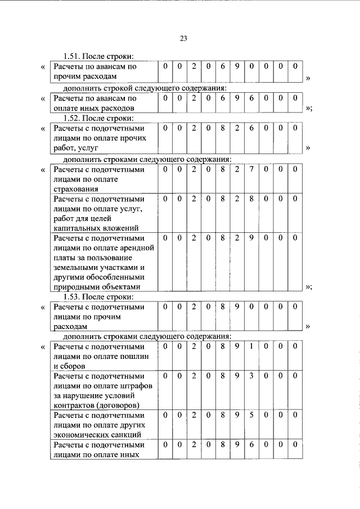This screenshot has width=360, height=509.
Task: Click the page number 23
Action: pyautogui.click(x=183, y=38)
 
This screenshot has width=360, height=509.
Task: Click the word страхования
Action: pyautogui.click(x=75, y=189)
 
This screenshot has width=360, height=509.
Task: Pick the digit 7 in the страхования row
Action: pyautogui.click(x=251, y=169)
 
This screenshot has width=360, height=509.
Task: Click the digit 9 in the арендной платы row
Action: pyautogui.click(x=251, y=238)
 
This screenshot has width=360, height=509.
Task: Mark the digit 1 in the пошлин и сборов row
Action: pyautogui.click(x=251, y=346)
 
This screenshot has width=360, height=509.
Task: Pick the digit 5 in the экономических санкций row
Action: pyautogui.click(x=251, y=415)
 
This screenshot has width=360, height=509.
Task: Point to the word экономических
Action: pyautogui.click(x=80, y=435)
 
